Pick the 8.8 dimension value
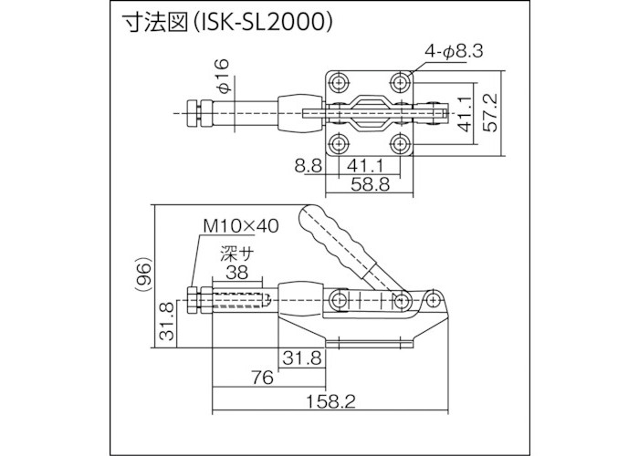click(x=308, y=166)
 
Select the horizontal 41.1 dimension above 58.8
click(x=364, y=166)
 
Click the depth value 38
click(x=236, y=271)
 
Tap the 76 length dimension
click(x=262, y=378)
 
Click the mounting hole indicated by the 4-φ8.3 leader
click(x=401, y=79)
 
